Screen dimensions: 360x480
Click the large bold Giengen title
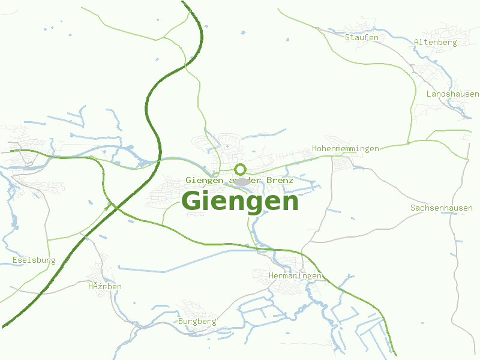click(240, 202)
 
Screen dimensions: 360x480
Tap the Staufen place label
click(362, 37)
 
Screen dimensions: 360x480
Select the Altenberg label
click(436, 42)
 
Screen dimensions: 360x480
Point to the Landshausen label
click(452, 94)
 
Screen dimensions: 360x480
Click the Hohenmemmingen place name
click(346, 148)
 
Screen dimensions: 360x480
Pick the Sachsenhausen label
click(442, 208)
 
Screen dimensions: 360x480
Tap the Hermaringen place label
click(295, 275)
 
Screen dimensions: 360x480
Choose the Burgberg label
click(197, 322)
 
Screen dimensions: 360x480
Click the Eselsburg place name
click(34, 260)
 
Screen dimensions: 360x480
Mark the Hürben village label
click(105, 287)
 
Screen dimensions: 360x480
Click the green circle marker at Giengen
click(240, 169)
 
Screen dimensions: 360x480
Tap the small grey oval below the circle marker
click(242, 181)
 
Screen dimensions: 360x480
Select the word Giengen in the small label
click(204, 180)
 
